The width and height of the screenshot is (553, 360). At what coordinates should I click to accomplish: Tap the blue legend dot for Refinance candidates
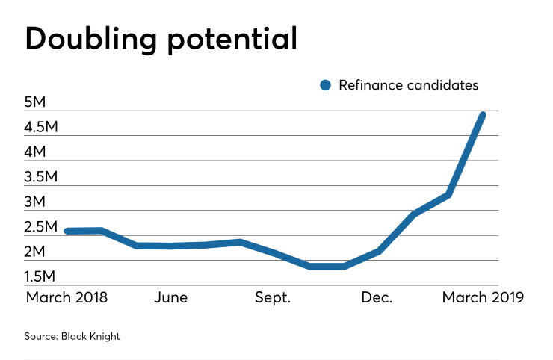coord(325,85)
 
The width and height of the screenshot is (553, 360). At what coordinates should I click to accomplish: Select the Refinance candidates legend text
coord(408,85)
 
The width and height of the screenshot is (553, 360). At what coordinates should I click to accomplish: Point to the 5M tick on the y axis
coord(36,102)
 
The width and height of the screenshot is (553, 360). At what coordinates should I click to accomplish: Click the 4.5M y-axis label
coord(41,127)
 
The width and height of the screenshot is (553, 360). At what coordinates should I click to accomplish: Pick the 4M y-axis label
coord(36,152)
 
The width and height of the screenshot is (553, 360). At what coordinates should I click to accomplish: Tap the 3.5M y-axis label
coord(41,177)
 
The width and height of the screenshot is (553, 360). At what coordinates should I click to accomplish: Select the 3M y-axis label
coord(36,202)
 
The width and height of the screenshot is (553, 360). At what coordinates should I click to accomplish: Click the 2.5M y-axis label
coord(41,227)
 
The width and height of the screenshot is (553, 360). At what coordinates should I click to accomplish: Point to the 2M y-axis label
coord(36,252)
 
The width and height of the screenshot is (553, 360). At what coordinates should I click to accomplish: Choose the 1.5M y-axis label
coord(41,277)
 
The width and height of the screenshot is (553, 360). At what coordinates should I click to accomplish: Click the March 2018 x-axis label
coord(67,297)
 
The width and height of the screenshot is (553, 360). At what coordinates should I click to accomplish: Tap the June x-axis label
coord(170,297)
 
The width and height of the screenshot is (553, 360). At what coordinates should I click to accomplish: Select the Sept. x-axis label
coord(274,297)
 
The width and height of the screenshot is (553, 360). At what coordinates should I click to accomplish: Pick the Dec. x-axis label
coord(377,297)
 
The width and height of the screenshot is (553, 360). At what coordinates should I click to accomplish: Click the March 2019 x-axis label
coord(483,297)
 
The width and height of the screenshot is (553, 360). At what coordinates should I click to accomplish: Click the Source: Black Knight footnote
coord(72,336)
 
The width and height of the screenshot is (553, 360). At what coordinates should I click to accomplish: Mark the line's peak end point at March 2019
coord(483,114)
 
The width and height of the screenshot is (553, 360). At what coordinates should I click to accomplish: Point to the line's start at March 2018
coord(67,231)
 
